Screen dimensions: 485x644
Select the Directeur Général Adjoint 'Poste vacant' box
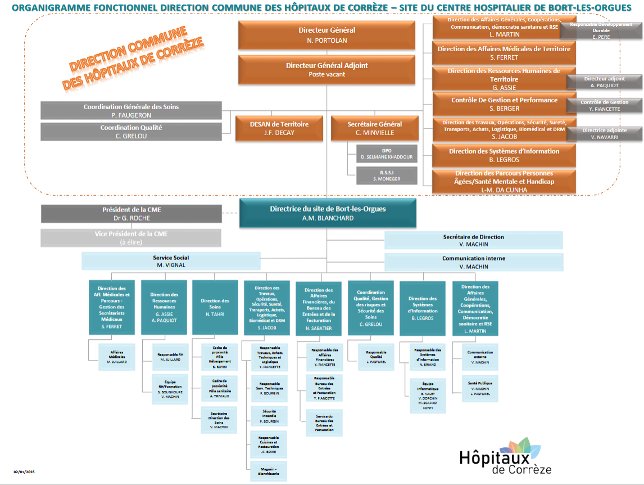click(x=326, y=69)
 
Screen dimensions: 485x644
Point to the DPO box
click(x=387, y=153)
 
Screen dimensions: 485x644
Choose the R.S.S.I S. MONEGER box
click(x=387, y=176)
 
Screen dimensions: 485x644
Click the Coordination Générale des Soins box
click(x=131, y=110)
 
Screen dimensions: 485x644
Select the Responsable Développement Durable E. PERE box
click(x=601, y=30)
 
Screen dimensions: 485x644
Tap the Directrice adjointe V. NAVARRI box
click(x=604, y=133)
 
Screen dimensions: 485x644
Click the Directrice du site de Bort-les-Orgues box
click(x=328, y=213)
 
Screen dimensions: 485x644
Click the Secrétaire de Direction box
click(x=473, y=240)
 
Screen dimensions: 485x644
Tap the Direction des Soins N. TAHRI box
click(x=215, y=307)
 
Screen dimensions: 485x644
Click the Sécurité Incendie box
click(x=269, y=416)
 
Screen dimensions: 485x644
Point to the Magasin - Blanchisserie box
click(x=269, y=470)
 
